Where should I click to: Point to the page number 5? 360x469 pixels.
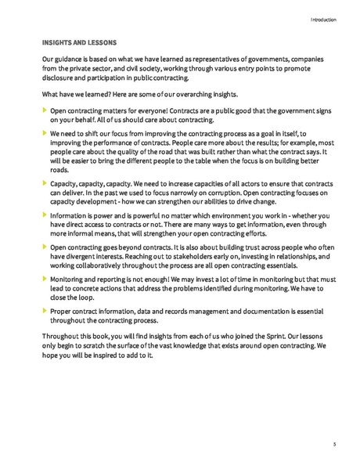(334, 444)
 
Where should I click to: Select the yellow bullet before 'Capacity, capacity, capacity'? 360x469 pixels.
(44, 182)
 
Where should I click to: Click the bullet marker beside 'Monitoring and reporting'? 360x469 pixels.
(44, 278)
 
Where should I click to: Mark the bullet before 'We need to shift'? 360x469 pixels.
(44, 135)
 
